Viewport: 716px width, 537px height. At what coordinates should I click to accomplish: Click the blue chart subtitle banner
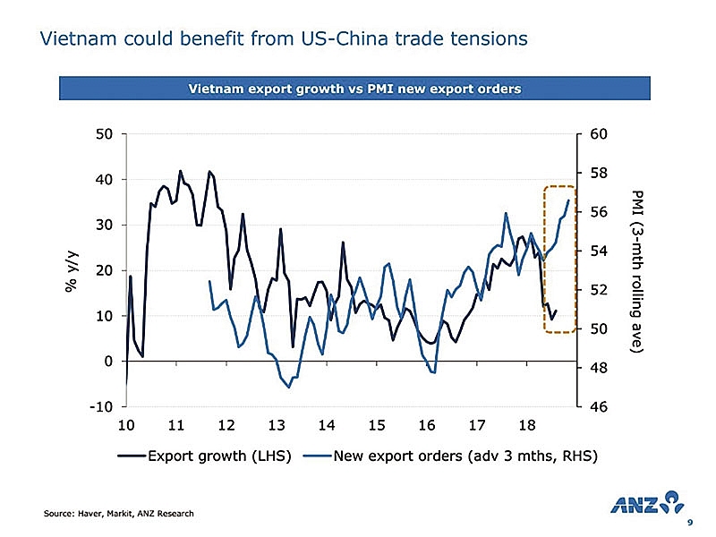coord(354,89)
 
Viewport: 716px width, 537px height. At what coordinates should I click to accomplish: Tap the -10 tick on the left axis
coord(99,407)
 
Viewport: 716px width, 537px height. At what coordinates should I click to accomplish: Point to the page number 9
coord(688,523)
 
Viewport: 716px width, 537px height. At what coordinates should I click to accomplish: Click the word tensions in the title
coord(486,39)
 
